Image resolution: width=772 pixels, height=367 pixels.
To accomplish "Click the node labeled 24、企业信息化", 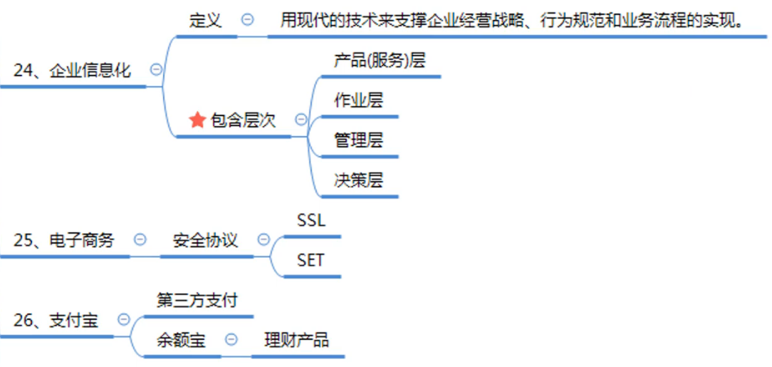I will pos(72,70).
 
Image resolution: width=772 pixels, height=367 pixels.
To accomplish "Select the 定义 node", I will pos(205,20).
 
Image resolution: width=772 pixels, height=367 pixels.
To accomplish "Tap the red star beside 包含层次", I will pos(197,120).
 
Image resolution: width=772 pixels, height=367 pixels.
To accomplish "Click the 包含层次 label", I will pos(243,120).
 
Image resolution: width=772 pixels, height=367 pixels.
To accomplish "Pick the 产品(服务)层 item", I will pos(379,60).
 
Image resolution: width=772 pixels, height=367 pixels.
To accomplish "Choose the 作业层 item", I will pos(358,100).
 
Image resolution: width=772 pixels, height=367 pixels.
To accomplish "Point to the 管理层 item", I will pos(358,140).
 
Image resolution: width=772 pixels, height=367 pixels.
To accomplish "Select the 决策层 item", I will pos(358,180).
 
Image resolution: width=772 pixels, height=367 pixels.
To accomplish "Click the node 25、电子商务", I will pos(63,239).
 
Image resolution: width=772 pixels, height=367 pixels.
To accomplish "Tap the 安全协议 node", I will pos(205,239).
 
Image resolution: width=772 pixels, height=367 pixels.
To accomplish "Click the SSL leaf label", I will pos(311,220).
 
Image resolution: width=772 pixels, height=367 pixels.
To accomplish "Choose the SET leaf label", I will pos(311,260).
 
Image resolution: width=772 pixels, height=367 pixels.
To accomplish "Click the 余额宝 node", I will pos(181,340).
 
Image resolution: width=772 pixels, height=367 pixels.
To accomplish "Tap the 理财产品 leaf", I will pos(296,340).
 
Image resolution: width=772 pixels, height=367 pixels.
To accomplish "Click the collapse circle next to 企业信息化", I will pos(156,70).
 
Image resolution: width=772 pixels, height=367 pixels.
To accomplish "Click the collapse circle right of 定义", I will pos(247,20).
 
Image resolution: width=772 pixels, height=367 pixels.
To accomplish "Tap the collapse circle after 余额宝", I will pos(231,340).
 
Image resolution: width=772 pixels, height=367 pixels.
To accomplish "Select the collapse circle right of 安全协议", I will pos(264,239).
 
